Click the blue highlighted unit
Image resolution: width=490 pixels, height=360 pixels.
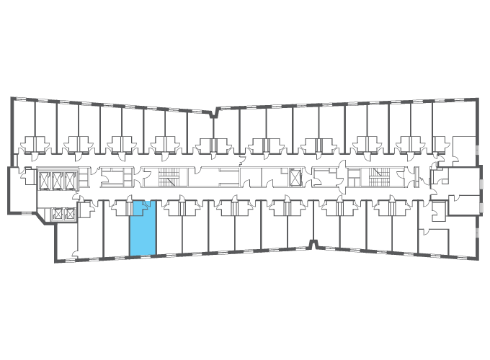(142, 229)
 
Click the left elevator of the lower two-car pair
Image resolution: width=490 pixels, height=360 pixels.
(57, 213)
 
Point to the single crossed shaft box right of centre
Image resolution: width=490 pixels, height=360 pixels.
(295, 176)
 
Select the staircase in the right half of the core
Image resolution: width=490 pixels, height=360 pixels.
(377, 176)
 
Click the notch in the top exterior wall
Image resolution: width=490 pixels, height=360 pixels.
(215, 112)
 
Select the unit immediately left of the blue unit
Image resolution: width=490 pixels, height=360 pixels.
(116, 230)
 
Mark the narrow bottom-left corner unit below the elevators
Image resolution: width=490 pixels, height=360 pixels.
(66, 241)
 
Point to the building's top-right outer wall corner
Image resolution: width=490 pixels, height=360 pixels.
(476, 96)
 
